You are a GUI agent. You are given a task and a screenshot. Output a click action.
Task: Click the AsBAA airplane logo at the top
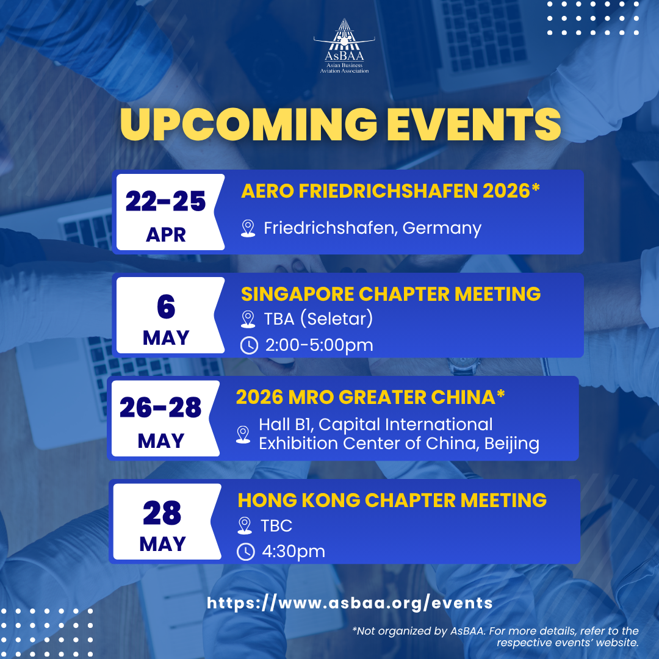point(344,46)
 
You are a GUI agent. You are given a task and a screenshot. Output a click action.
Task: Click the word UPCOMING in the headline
point(248,124)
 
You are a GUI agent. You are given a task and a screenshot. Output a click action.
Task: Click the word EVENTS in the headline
point(474,124)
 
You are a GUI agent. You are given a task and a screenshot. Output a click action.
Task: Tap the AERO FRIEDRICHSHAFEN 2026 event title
point(390,191)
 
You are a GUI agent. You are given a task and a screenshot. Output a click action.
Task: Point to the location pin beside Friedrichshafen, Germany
point(248,229)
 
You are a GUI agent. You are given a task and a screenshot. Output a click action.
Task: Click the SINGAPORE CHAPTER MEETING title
point(391,293)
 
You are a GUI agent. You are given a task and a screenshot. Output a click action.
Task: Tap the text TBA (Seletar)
point(318,319)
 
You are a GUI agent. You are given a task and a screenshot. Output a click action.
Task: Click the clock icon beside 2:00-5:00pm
point(249,345)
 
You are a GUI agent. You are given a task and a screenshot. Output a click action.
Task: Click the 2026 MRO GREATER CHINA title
point(370,397)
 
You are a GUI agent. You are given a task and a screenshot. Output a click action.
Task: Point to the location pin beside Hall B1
point(243,434)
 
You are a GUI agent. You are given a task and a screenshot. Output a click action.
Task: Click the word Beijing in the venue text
point(512,444)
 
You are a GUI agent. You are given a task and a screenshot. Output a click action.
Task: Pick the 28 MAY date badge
point(167,522)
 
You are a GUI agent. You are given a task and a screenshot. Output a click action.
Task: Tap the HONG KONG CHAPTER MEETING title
point(392,500)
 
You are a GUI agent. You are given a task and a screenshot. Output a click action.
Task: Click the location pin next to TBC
point(245,526)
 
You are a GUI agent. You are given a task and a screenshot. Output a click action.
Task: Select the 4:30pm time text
point(293,552)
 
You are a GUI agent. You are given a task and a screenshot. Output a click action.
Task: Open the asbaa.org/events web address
point(350,603)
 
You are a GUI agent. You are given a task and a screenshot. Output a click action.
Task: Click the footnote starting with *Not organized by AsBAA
point(495,636)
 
